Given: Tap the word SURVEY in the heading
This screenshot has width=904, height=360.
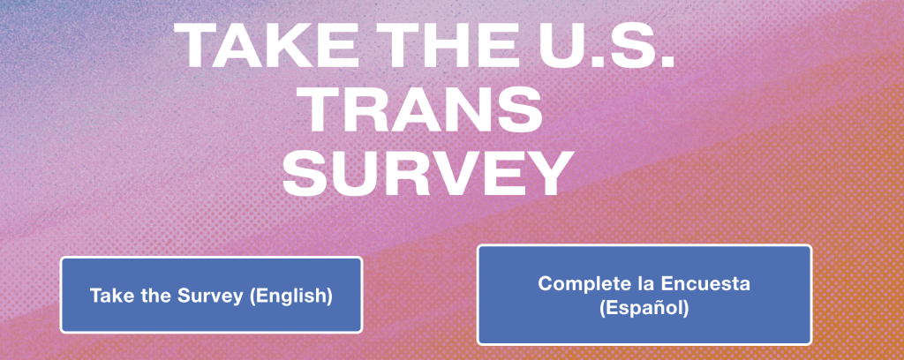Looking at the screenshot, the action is tap(427, 172).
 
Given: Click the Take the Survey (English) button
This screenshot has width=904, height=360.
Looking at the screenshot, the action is tap(211, 295).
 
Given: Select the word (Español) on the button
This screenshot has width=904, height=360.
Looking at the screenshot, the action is tap(644, 309).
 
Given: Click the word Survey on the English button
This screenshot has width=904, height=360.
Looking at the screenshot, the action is tap(208, 296).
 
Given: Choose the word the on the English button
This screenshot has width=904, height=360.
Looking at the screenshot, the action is tap(152, 296).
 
